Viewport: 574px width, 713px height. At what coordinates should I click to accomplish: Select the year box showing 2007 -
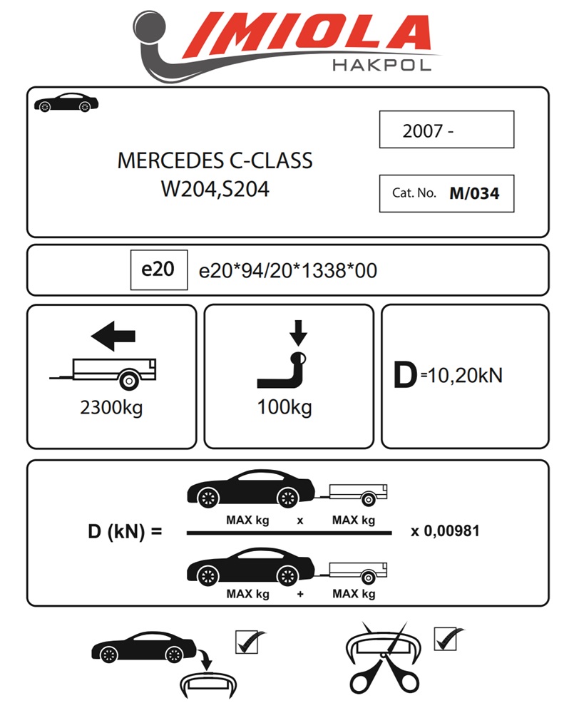tap(446, 130)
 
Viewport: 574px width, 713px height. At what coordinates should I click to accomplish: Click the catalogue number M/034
tap(474, 193)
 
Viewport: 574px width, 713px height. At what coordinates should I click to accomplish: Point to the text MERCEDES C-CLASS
tap(215, 160)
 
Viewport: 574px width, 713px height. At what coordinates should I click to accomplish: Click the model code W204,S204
tap(215, 190)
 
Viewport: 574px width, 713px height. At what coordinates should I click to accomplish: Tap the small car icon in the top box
tap(66, 103)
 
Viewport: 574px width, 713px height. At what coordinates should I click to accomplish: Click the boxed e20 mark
tap(158, 270)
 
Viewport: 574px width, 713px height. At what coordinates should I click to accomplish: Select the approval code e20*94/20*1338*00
tap(287, 271)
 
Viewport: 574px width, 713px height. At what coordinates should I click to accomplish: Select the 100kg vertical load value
tap(285, 408)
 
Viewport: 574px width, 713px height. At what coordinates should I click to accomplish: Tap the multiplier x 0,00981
tap(445, 531)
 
